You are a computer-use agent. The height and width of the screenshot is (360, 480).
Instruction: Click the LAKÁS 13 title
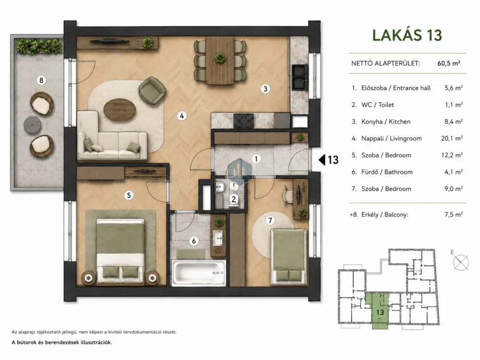407,35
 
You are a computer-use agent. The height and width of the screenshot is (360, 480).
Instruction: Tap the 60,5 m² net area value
449,63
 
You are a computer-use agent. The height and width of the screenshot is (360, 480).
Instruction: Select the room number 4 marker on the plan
182,116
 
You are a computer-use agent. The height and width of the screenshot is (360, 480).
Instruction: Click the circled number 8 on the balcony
41,80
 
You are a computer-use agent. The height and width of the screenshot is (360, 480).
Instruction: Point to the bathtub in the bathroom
199,273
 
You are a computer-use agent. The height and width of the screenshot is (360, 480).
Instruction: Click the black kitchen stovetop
244,120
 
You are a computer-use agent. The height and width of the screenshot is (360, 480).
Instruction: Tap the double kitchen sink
300,77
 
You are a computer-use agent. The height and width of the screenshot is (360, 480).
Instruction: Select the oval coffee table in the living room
120,110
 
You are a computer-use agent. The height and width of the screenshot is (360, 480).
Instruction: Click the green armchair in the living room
152,91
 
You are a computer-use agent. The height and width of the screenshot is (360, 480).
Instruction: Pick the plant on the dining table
220,58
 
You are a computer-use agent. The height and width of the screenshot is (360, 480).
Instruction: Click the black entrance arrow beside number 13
322,159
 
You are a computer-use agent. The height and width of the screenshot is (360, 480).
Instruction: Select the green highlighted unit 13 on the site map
380,311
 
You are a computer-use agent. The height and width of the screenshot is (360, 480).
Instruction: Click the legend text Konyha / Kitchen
386,121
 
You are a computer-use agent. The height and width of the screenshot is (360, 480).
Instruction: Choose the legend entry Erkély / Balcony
385,215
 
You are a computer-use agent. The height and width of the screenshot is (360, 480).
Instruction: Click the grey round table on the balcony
33,125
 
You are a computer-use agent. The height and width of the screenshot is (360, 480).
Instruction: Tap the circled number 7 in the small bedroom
270,220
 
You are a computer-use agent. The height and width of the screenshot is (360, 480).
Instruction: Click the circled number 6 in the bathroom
194,241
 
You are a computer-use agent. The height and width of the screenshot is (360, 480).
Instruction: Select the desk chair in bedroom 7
288,193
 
